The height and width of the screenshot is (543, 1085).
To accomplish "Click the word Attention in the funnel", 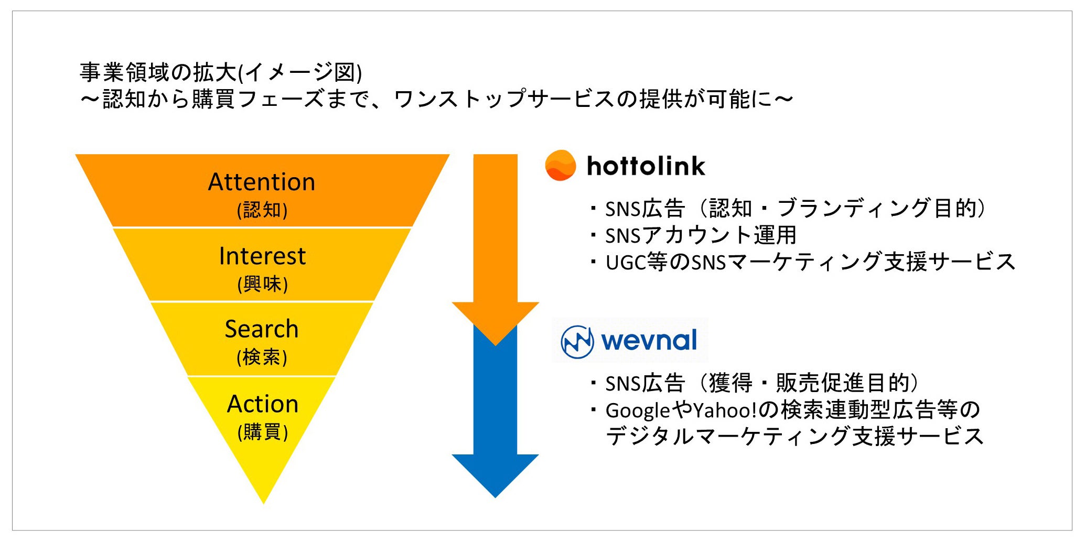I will pyautogui.click(x=262, y=182).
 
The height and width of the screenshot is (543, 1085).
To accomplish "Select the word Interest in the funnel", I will pyautogui.click(x=262, y=256).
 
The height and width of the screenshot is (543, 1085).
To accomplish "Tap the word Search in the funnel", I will pyautogui.click(x=262, y=329).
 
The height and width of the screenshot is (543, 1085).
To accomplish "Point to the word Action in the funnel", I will pyautogui.click(x=263, y=404).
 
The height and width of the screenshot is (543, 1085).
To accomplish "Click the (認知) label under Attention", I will pyautogui.click(x=262, y=210).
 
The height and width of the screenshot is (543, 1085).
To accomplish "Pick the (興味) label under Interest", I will pyautogui.click(x=262, y=284).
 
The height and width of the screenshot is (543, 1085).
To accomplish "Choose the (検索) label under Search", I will pyautogui.click(x=262, y=357).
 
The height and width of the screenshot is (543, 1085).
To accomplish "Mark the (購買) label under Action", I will pyautogui.click(x=263, y=432).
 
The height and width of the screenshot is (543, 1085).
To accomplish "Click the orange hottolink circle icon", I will pyautogui.click(x=560, y=166).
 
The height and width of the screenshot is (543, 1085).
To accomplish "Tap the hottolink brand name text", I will pyautogui.click(x=646, y=166).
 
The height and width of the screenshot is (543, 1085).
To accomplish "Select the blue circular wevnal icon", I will pyautogui.click(x=577, y=342).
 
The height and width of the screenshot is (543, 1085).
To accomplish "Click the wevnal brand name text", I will pyautogui.click(x=649, y=341).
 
